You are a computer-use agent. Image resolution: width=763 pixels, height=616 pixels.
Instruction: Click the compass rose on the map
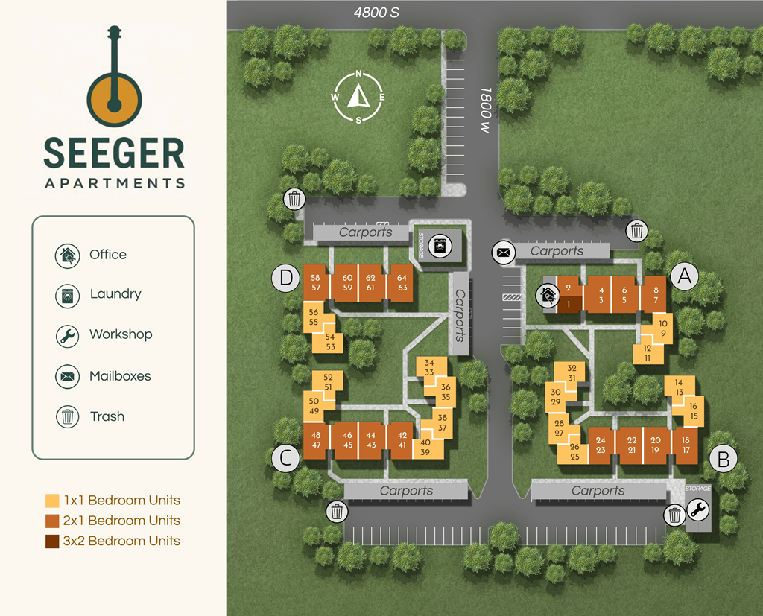click(358, 97)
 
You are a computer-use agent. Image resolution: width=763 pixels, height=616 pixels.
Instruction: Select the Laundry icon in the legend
click(68, 295)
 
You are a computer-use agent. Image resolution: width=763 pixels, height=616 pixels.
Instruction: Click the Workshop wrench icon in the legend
click(68, 336)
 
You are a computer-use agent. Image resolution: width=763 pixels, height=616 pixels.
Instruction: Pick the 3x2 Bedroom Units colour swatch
click(52, 542)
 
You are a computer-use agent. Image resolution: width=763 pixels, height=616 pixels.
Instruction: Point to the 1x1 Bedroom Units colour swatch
click(52, 501)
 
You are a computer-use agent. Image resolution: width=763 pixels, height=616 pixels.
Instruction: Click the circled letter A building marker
click(685, 276)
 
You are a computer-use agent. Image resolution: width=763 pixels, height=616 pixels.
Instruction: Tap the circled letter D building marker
click(285, 278)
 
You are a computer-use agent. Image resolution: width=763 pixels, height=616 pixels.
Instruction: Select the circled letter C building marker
click(285, 457)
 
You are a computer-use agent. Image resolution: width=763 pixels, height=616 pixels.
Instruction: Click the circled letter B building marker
click(723, 459)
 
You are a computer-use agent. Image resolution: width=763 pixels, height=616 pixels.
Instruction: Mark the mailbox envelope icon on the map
click(504, 253)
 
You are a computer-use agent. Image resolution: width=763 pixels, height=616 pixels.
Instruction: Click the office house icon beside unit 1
click(548, 296)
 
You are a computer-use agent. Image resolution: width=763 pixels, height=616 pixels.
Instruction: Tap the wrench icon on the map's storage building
click(698, 510)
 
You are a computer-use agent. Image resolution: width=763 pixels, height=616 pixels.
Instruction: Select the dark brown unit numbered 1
click(568, 303)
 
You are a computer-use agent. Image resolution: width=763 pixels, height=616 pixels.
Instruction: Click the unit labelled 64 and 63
click(402, 282)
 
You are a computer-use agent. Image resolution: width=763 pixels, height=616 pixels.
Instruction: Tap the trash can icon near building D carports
click(295, 199)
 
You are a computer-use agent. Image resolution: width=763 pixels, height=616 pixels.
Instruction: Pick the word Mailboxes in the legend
click(120, 376)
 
